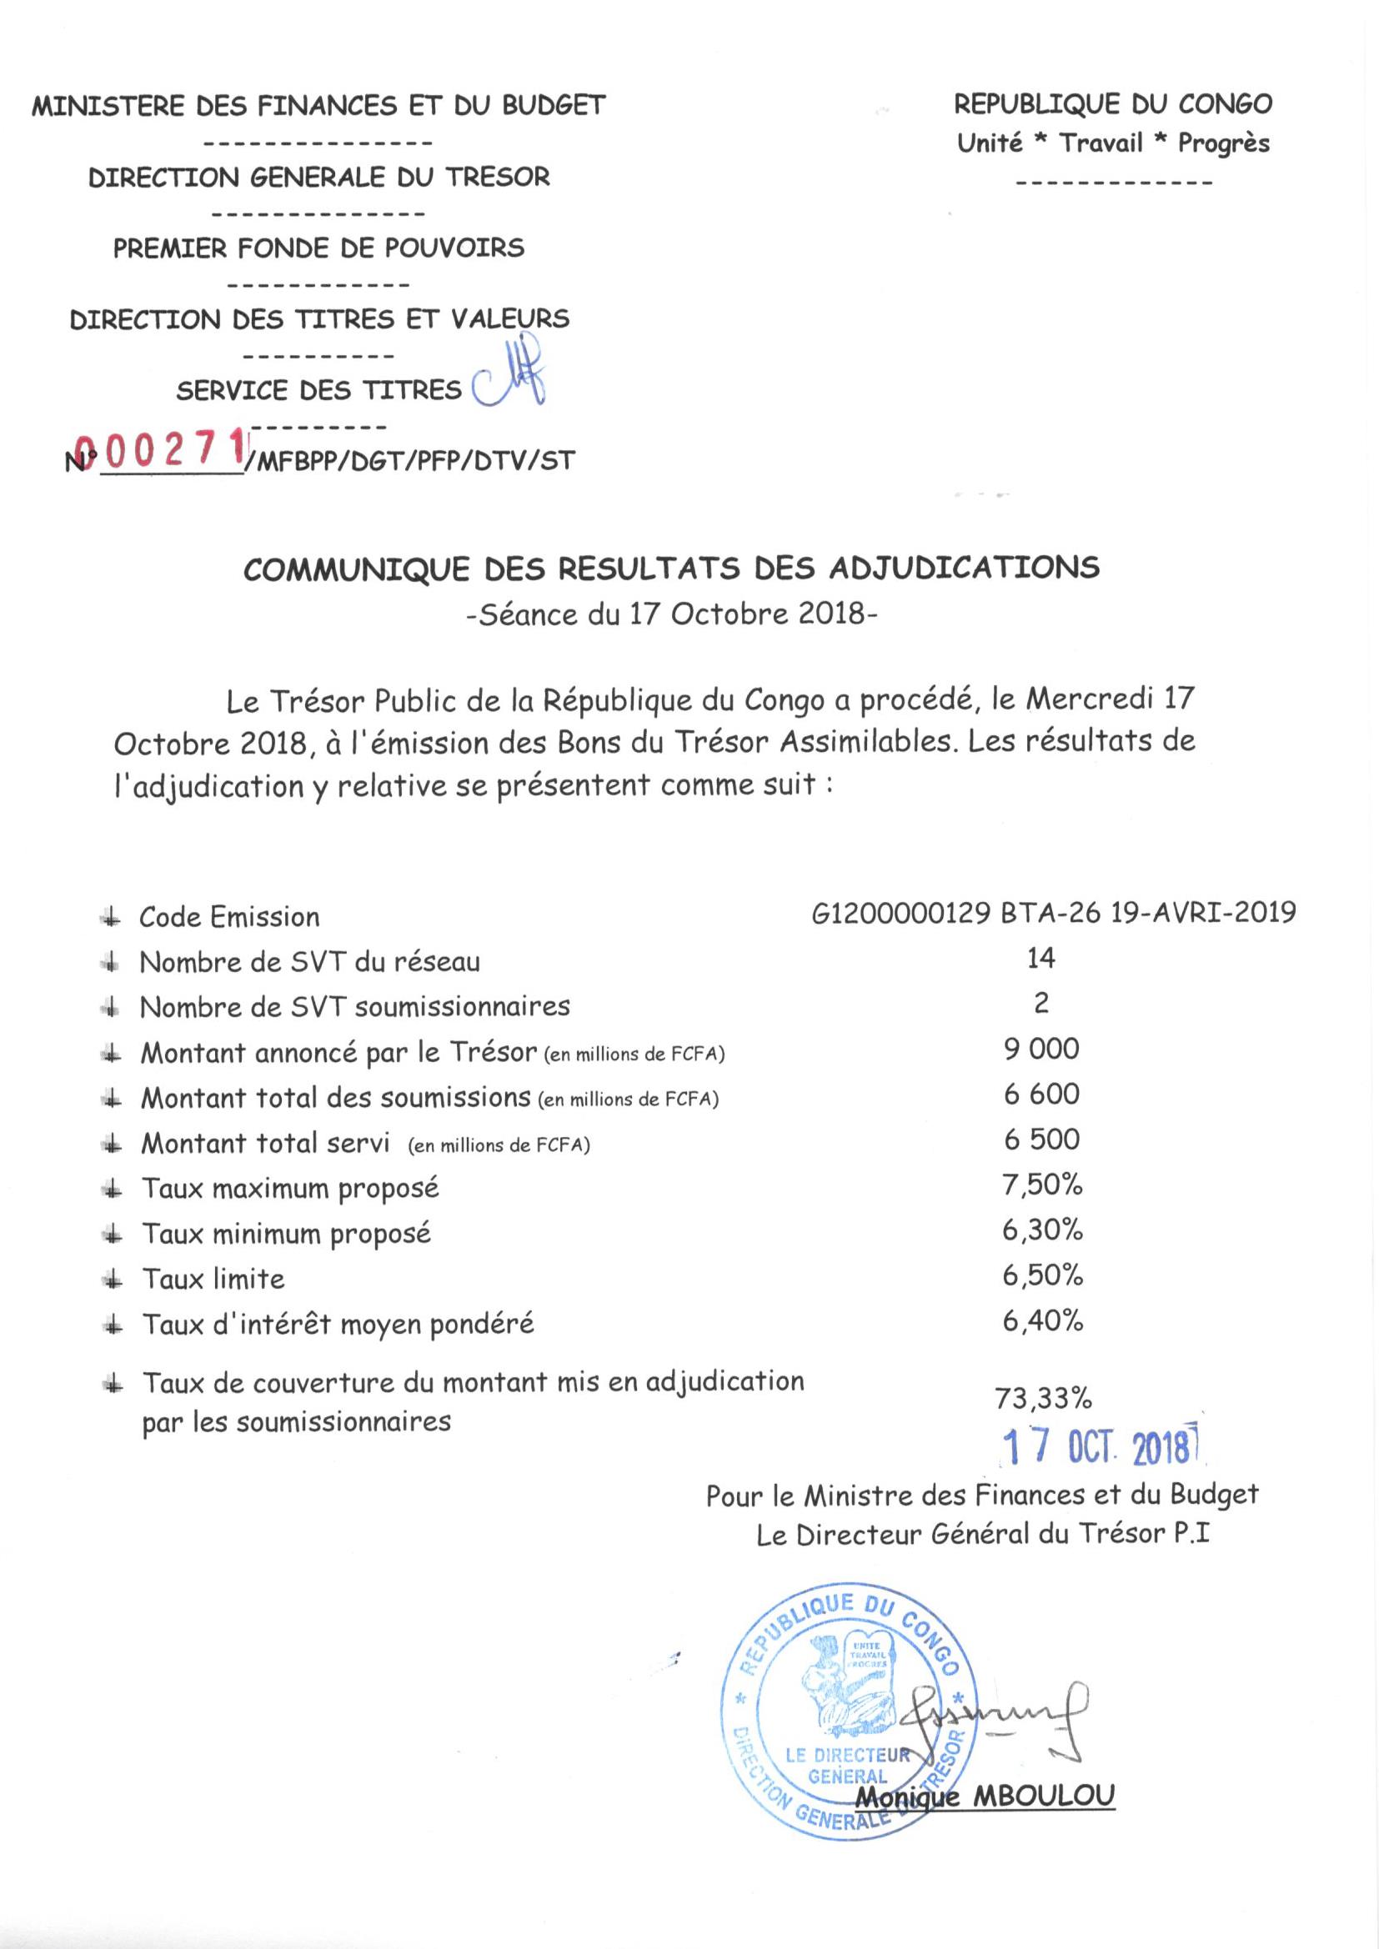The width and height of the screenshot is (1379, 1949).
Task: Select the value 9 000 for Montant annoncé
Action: point(1041,1050)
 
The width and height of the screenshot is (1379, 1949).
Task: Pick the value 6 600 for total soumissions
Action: point(1041,1095)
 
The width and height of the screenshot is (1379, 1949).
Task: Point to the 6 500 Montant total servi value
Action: point(1041,1140)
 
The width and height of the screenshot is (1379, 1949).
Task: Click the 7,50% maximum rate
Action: point(1042,1185)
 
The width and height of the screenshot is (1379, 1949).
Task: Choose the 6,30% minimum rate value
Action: point(1042,1230)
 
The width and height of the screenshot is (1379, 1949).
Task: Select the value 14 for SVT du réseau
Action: point(1041,959)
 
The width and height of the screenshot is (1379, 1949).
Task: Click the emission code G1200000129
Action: point(901,914)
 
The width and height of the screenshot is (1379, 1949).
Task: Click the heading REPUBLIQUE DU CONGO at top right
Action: point(1113,104)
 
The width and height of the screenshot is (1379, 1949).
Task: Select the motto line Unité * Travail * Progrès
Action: point(1113,143)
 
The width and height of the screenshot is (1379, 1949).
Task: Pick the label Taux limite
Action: point(213,1279)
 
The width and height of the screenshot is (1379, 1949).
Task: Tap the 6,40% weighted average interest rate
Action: point(1043,1320)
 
